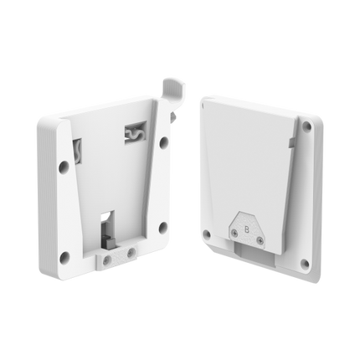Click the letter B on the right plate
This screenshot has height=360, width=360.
tap(246, 228)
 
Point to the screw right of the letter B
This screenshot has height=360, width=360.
tap(260, 239)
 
